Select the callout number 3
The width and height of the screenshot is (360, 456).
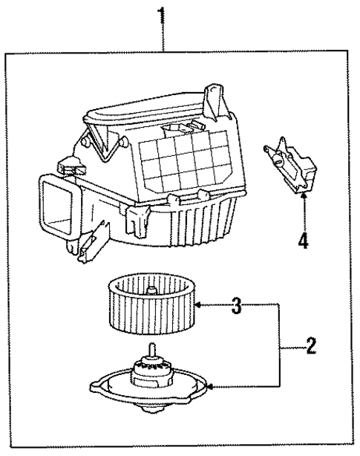pyautogui.click(x=236, y=306)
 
